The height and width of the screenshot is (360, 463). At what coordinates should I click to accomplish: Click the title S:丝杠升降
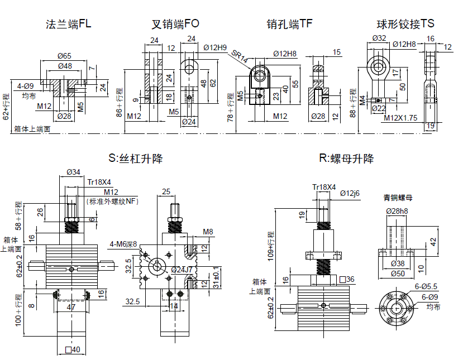pos(136,159)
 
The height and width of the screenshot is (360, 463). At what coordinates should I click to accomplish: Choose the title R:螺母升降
pos(346,159)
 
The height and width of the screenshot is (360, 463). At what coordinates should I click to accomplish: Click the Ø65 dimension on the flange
pos(64,55)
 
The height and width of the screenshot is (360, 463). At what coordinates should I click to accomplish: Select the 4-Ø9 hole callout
pos(26,86)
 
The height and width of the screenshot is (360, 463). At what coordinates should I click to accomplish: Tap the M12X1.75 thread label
pos(400,118)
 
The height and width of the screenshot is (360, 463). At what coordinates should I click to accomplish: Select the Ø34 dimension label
pos(73,172)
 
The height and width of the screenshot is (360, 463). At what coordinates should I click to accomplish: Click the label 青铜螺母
pos(398,198)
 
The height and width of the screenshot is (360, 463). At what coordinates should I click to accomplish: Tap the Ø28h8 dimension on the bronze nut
pos(397,210)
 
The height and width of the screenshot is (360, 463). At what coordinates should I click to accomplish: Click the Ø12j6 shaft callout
pos(350,193)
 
